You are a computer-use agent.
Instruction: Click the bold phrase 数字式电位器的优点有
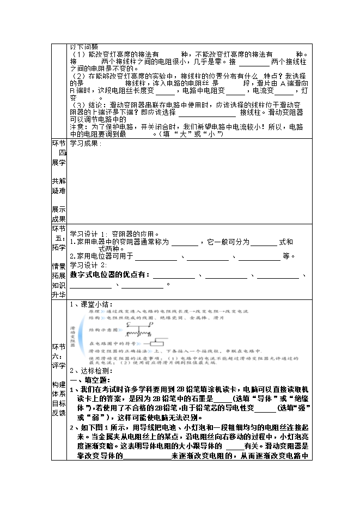[x=109, y=275]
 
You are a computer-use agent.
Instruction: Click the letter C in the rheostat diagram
[x=128, y=323]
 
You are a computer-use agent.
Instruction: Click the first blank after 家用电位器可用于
[x=156, y=257]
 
